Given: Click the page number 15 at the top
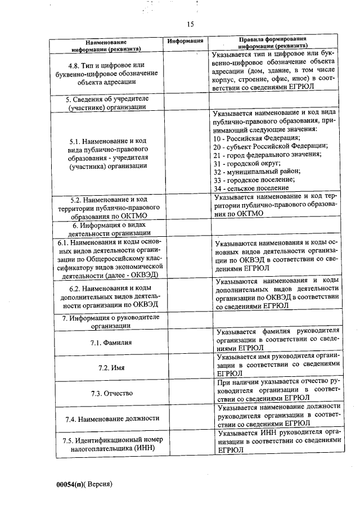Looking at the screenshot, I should tap(190, 24).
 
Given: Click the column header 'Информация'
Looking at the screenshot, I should tap(186, 41).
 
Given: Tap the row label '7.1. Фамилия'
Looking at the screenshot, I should tap(106, 343).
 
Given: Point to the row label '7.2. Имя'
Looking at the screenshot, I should tap(106, 367).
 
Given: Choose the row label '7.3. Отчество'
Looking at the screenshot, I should tap(106, 393).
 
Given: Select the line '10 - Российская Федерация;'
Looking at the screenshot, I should tap(257, 138).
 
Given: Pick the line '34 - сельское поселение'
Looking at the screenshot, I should tap(251, 187).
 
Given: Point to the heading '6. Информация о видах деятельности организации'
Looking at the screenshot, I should tap(106, 228).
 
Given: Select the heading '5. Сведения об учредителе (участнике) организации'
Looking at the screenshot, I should tap(106, 102).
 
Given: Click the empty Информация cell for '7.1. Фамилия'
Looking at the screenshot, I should tap(186, 343).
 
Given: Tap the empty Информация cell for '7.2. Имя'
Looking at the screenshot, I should tap(186, 367).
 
